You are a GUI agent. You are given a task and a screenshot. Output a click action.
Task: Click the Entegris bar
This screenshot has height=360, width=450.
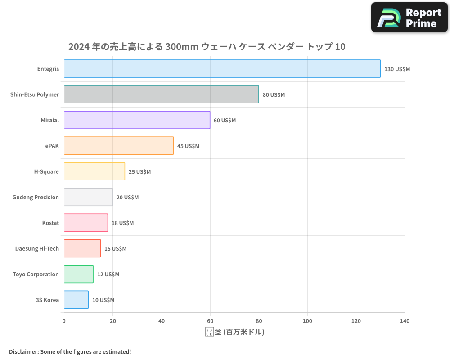pyautogui.click(x=222, y=69)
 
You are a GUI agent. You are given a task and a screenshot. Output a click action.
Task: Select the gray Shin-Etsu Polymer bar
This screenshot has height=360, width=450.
pyautogui.click(x=161, y=94)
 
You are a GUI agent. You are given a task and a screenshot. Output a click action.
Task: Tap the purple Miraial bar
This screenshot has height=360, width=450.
pyautogui.click(x=137, y=120)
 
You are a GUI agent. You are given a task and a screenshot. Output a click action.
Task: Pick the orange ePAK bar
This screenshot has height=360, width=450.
pyautogui.click(x=118, y=146)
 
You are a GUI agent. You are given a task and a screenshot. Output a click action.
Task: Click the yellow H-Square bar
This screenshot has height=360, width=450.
pyautogui.click(x=94, y=171)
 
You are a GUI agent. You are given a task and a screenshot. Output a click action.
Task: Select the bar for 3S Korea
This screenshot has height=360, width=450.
pyautogui.click(x=76, y=300)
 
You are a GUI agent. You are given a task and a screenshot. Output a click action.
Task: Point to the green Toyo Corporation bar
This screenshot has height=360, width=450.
pyautogui.click(x=78, y=274)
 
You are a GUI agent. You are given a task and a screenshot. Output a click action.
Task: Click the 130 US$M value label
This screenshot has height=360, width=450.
pyautogui.click(x=397, y=69)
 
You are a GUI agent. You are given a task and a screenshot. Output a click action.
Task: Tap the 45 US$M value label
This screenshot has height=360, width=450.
pyautogui.click(x=188, y=146)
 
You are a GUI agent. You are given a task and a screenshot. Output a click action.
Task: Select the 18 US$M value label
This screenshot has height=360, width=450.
pyautogui.click(x=122, y=223)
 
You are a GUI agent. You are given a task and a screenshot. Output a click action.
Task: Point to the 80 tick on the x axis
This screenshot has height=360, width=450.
pyautogui.click(x=259, y=321)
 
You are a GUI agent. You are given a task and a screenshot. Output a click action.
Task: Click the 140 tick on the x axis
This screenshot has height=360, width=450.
pyautogui.click(x=405, y=321)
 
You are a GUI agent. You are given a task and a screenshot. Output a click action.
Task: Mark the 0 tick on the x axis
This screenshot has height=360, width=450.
pyautogui.click(x=64, y=321)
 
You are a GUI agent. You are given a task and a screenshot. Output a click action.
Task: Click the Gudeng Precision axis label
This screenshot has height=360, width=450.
pyautogui.click(x=36, y=197)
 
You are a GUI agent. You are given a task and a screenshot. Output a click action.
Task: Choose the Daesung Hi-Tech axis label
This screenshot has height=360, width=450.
pyautogui.click(x=37, y=248)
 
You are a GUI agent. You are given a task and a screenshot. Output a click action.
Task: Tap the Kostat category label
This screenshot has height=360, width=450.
pyautogui.click(x=50, y=223)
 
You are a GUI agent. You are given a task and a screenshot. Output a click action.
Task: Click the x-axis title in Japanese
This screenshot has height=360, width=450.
pyautogui.click(x=234, y=332)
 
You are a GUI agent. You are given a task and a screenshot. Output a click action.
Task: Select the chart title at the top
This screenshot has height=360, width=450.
pyautogui.click(x=207, y=46)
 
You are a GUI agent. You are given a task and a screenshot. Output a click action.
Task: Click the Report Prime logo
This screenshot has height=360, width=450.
pyautogui.click(x=409, y=18)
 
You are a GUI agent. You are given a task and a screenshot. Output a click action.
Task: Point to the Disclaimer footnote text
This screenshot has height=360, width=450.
pyautogui.click(x=70, y=351)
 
